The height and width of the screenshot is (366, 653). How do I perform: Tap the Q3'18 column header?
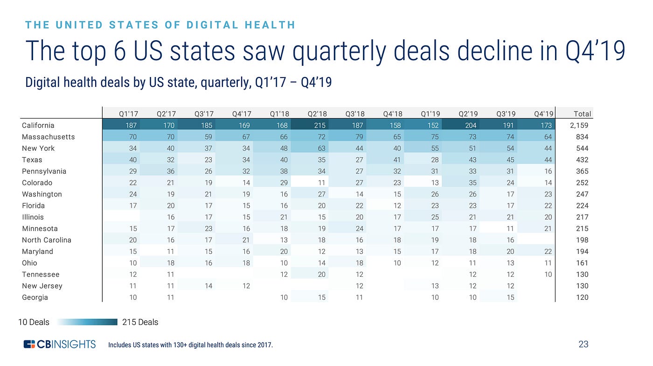click(354, 113)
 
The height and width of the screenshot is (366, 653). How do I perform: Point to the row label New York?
click(38, 148)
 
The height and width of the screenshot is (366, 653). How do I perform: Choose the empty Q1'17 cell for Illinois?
click(121, 217)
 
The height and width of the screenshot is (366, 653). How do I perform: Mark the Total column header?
click(582, 113)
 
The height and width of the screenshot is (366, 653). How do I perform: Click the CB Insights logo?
click(60, 345)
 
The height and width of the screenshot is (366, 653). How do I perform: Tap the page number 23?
click(584, 345)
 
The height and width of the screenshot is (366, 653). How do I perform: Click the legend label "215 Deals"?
click(140, 322)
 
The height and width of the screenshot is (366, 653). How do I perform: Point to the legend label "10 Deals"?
click(34, 322)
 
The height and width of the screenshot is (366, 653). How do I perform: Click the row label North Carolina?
click(47, 240)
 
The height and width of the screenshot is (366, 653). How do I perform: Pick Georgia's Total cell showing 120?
click(582, 297)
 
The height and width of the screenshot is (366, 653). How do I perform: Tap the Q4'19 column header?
click(543, 113)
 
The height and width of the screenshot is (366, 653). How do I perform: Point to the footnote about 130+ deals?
click(190, 345)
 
